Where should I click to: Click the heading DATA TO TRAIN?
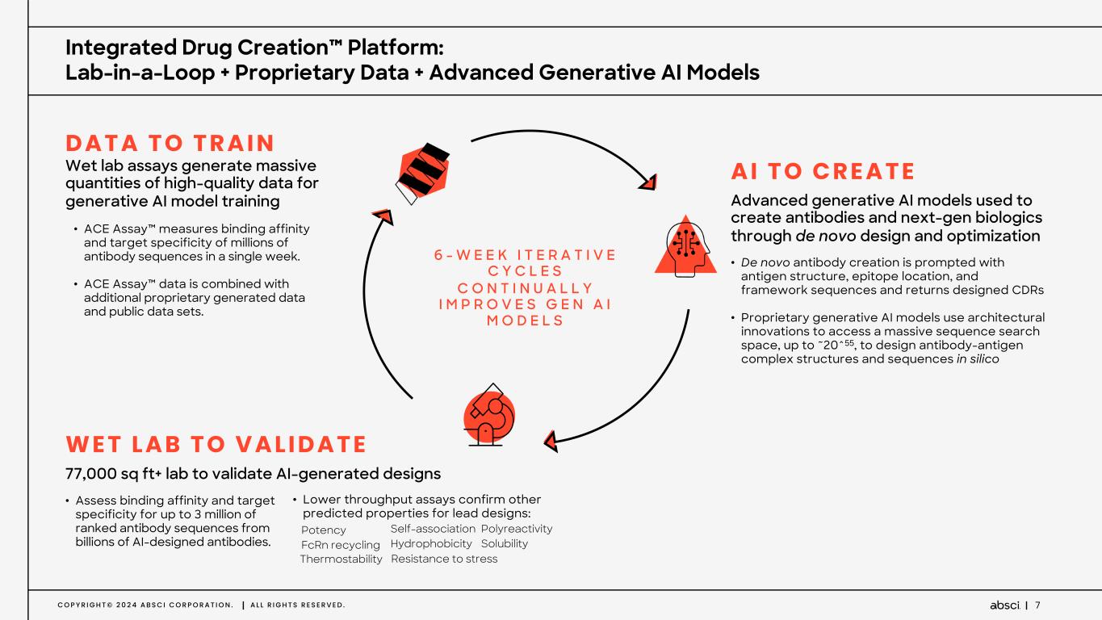pyautogui.click(x=170, y=144)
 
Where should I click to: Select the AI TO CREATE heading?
pyautogui.click(x=823, y=172)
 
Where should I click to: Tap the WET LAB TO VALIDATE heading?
pyautogui.click(x=216, y=444)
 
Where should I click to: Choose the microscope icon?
pyautogui.click(x=488, y=414)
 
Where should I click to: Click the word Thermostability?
pyautogui.click(x=341, y=559)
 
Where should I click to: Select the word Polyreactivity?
pyautogui.click(x=516, y=529)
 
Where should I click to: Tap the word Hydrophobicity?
pyautogui.click(x=431, y=544)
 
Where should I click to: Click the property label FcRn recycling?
pyautogui.click(x=340, y=545)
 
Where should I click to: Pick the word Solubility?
pyautogui.click(x=504, y=544)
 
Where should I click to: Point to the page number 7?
pyautogui.click(x=1037, y=605)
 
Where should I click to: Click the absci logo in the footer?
pyautogui.click(x=1005, y=605)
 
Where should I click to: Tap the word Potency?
pyautogui.click(x=323, y=530)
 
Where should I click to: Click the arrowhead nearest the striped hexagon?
pyautogui.click(x=383, y=216)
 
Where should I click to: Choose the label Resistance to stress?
pyautogui.click(x=444, y=559)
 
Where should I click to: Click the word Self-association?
pyautogui.click(x=433, y=529)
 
